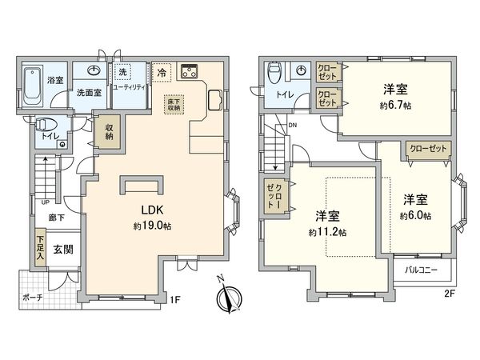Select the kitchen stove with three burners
(x=190, y=71)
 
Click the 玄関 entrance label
(x=62, y=250)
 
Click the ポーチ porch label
(x=34, y=298)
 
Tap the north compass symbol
(x=227, y=294)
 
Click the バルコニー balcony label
(x=421, y=270)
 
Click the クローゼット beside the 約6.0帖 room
(x=428, y=150)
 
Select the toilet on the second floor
(x=274, y=74)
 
